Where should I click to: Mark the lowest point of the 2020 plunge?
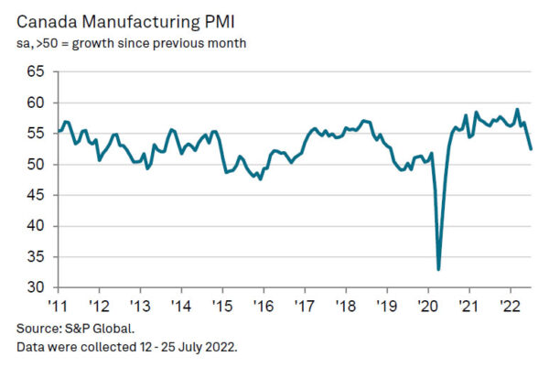[x=439, y=269]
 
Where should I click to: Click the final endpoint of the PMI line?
[x=532, y=149]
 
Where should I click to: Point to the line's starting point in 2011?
[x=59, y=131]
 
